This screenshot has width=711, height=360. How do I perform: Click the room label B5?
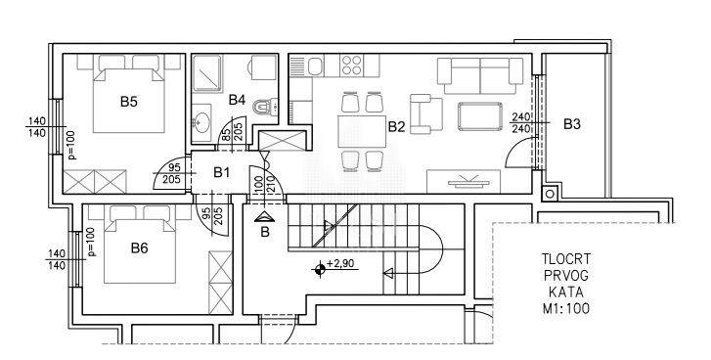[129, 102]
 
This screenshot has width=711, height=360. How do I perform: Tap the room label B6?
[139, 248]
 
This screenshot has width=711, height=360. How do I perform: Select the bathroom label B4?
[237, 100]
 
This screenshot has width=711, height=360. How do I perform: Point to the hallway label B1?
[222, 172]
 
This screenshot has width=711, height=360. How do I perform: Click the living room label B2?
[396, 127]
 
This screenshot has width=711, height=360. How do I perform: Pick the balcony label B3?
[572, 124]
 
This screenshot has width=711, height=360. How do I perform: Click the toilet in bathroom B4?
[266, 107]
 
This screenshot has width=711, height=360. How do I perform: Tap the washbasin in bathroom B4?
[200, 121]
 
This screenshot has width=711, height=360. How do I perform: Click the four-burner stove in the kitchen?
[352, 66]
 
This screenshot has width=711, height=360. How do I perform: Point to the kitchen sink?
[316, 67]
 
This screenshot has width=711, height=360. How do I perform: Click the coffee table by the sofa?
[480, 116]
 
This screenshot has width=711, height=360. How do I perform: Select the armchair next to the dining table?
[425, 113]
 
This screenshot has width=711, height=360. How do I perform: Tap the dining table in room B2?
[362, 131]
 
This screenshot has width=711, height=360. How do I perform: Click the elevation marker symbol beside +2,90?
[319, 269]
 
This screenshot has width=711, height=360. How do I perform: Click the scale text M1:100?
[566, 309]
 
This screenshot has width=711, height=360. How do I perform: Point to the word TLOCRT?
[566, 259]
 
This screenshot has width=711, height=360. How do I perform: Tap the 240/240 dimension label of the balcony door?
[520, 122]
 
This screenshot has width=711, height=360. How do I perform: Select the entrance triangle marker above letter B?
[264, 217]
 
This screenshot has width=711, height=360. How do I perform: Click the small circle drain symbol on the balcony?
[550, 194]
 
